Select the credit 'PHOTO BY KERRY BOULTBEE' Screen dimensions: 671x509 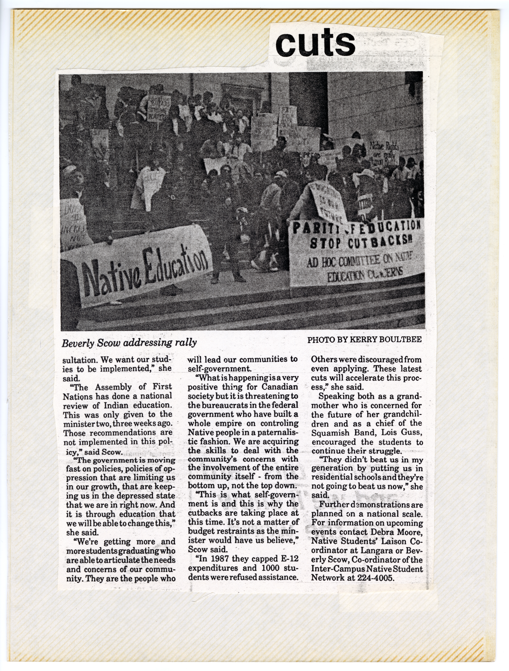click(x=364, y=339)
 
